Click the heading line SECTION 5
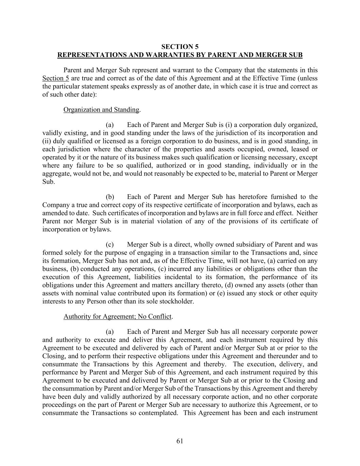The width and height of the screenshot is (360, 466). pyautogui.click(x=180, y=47)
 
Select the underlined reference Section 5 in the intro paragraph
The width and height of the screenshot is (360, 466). pyautogui.click(x=56, y=78)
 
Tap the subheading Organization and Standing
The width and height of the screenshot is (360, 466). pyautogui.click(x=101, y=110)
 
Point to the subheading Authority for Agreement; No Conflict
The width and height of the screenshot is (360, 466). pyautogui.click(x=117, y=316)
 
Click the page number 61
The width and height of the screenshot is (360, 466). pyautogui.click(x=180, y=441)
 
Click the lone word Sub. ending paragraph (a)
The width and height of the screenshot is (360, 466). pyautogui.click(x=48, y=182)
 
